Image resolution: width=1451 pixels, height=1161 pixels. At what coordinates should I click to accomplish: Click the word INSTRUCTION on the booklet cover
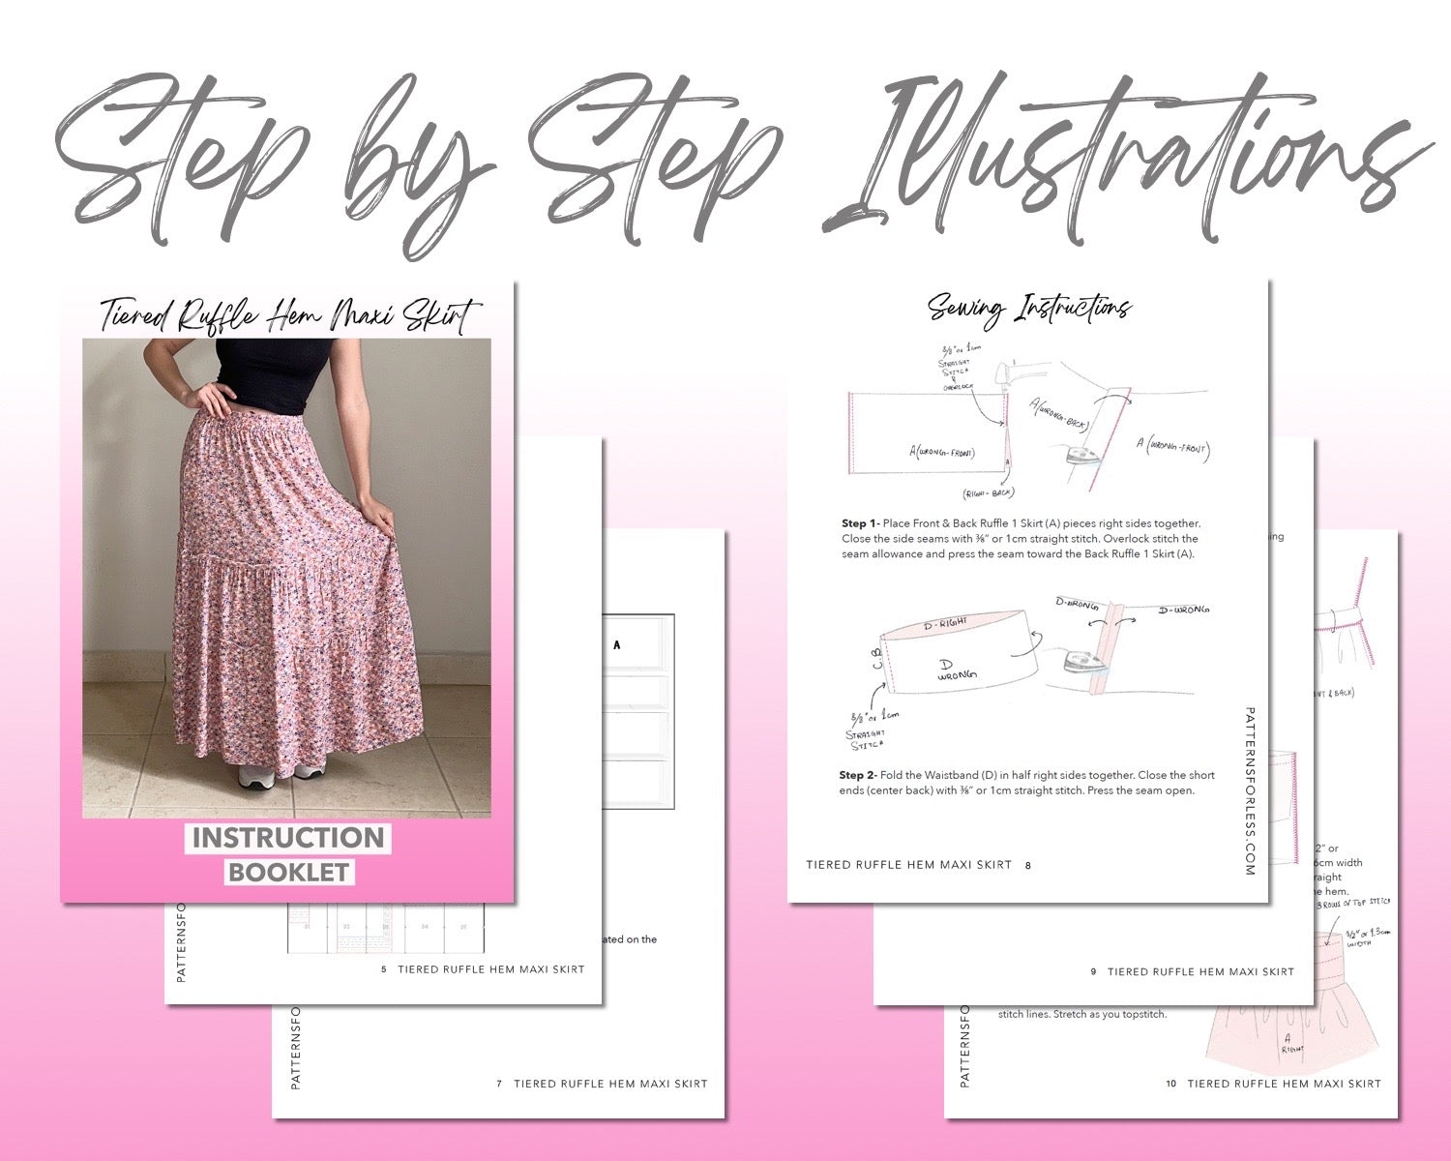(x=288, y=838)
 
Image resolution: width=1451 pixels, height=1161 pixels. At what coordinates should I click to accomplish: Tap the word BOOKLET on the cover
(x=288, y=872)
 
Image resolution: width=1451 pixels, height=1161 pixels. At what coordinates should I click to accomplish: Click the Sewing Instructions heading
(x=1029, y=309)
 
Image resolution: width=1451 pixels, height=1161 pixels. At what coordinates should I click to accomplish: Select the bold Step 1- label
(x=860, y=523)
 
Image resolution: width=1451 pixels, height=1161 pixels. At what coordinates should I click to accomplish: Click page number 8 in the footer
(x=1027, y=865)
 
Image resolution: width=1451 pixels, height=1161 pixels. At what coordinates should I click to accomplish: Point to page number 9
(x=1094, y=971)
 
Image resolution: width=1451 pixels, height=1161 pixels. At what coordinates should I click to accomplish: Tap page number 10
(x=1170, y=1084)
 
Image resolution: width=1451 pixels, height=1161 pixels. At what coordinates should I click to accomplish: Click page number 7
(x=499, y=1084)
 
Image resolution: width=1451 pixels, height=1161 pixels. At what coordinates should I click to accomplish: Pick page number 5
(x=384, y=968)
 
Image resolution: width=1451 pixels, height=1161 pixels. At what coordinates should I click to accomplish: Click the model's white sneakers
(x=281, y=774)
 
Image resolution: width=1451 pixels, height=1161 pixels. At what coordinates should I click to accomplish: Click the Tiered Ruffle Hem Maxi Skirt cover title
(x=288, y=315)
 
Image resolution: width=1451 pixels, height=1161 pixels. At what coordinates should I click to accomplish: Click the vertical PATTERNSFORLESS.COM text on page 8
(x=1249, y=790)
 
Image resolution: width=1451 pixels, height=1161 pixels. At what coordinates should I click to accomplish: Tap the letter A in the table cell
(x=617, y=645)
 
